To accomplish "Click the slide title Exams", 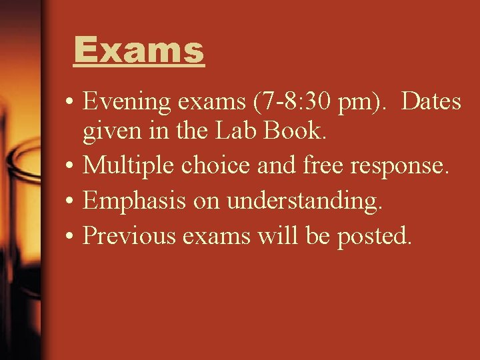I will click(x=139, y=50).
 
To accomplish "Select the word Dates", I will click(x=432, y=102).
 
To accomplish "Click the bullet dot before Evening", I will click(x=69, y=103).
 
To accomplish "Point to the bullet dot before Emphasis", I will click(x=69, y=201).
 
